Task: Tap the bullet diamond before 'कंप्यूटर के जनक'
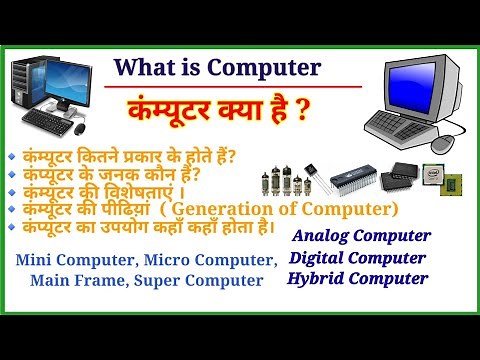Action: (x=11, y=173)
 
